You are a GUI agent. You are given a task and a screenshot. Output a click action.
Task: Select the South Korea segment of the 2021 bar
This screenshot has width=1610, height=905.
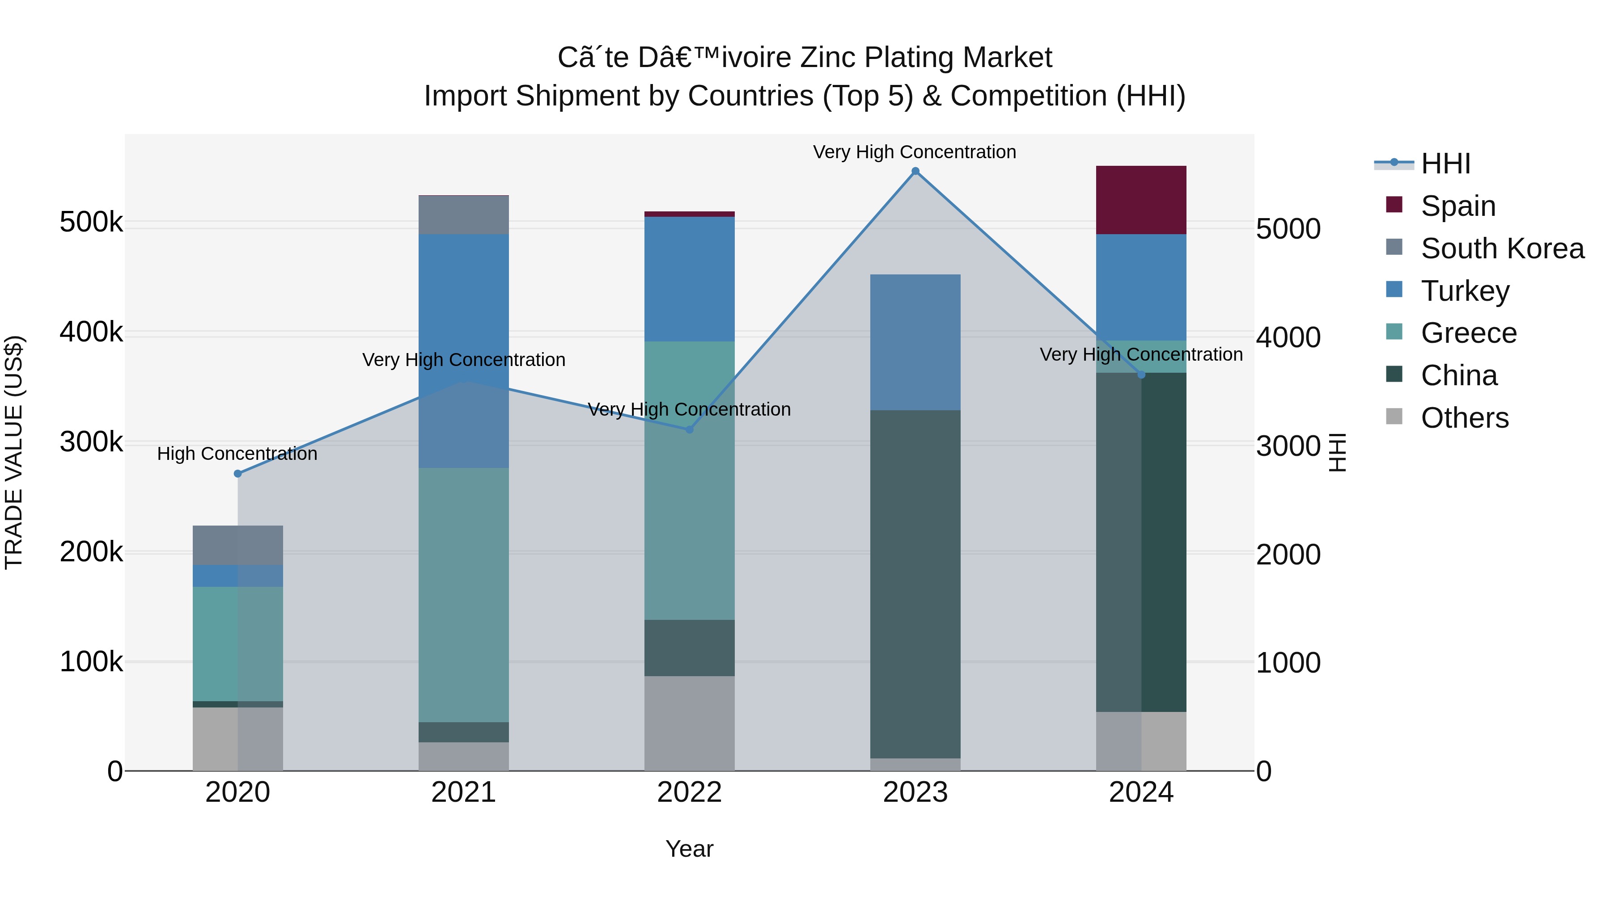tap(463, 215)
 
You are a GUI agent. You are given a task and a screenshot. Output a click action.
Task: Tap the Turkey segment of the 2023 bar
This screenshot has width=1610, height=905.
tap(915, 342)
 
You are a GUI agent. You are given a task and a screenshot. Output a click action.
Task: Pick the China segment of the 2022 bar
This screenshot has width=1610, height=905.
tap(689, 648)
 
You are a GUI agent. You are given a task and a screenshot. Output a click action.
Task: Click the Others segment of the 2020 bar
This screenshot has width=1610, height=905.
tap(237, 739)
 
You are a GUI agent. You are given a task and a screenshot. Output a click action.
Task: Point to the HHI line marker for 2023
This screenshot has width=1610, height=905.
tap(915, 171)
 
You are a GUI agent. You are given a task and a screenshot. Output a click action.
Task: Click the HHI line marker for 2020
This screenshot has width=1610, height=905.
tap(237, 473)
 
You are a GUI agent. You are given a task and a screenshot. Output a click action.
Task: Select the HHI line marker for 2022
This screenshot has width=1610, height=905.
tap(689, 429)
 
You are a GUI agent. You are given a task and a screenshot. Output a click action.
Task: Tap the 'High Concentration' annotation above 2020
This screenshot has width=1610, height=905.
tap(237, 454)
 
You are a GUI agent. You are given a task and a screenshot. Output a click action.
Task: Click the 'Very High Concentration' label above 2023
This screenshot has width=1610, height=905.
tap(915, 152)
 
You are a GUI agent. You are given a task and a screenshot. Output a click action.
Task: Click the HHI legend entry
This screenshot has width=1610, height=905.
tap(1445, 164)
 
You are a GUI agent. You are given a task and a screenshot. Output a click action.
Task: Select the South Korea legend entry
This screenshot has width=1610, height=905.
tap(1502, 248)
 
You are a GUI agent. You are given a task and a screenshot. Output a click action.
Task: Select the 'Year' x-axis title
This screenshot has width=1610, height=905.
tap(689, 849)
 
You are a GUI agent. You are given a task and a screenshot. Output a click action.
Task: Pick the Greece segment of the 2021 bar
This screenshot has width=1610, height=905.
tap(463, 594)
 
